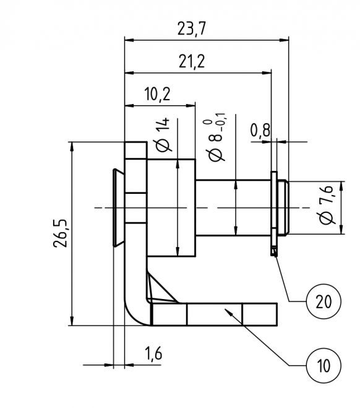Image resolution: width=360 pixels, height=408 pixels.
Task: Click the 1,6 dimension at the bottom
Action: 153,354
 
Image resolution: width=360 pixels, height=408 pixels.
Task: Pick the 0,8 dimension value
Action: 260,130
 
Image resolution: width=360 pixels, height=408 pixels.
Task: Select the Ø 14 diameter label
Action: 163,135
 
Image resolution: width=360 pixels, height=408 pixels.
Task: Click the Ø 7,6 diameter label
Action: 326,206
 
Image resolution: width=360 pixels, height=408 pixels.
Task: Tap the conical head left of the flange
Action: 118,207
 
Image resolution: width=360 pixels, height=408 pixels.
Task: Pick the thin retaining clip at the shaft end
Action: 273,211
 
